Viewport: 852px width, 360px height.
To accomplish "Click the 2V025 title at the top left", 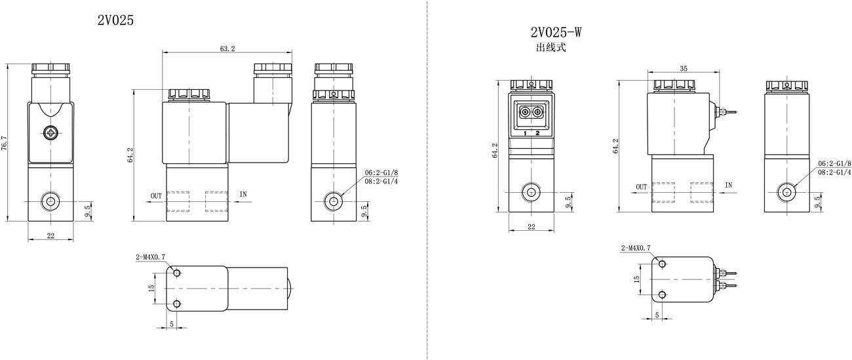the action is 115,20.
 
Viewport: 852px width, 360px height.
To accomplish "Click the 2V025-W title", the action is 556,32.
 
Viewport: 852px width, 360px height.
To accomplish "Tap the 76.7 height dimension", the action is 4,143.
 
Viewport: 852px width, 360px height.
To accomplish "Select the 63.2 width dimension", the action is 227,49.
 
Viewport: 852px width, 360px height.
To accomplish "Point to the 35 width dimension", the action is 684,68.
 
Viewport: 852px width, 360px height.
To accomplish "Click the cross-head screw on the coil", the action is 50,133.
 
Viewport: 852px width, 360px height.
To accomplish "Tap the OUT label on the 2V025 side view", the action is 157,196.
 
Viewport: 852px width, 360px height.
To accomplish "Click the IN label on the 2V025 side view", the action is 243,194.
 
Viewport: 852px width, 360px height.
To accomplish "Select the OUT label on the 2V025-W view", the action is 641,187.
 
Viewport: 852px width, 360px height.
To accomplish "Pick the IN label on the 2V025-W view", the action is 728,185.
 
